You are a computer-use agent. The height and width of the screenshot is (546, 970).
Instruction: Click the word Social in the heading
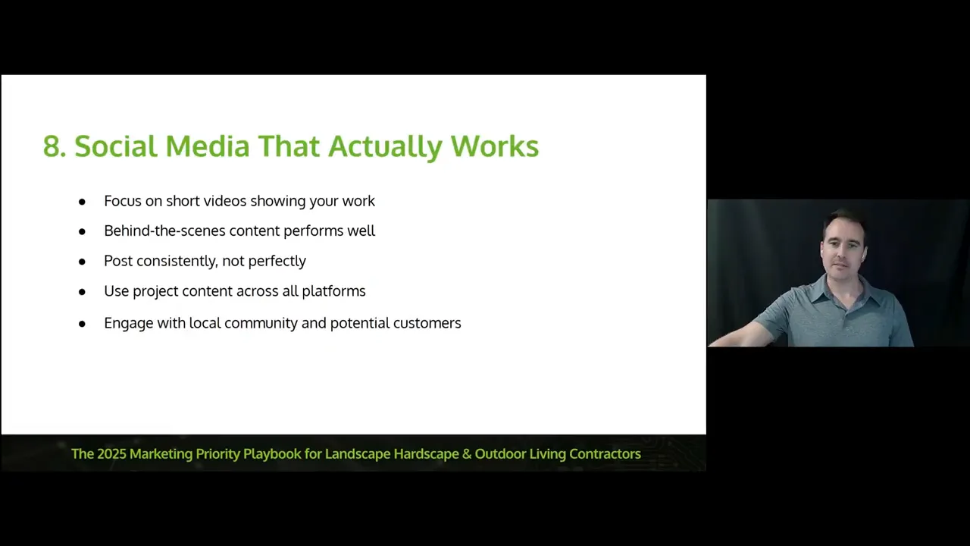(x=115, y=146)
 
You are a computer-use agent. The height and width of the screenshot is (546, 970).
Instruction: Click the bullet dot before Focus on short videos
(x=82, y=202)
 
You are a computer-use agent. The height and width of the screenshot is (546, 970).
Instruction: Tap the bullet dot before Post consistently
(x=82, y=262)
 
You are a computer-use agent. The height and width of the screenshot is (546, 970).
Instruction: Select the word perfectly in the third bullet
(x=277, y=262)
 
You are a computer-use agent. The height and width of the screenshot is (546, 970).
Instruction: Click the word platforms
(x=334, y=291)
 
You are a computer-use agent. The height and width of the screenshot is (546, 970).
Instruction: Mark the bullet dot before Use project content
(x=82, y=292)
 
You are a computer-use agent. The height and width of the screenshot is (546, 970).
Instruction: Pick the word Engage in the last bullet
(x=129, y=324)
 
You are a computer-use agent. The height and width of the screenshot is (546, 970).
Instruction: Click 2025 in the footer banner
(x=111, y=453)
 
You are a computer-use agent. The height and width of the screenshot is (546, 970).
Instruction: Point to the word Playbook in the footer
(x=272, y=453)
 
